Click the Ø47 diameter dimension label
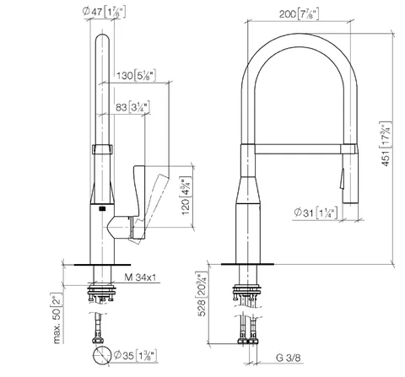(104, 12)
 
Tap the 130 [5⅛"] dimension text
(136, 75)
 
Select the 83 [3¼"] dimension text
(132, 107)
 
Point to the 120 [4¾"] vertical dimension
(186, 196)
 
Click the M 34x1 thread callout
(140, 277)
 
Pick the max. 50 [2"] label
(57, 318)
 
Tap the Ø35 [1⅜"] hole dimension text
(135, 356)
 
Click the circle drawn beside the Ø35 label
(102, 356)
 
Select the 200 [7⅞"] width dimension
(299, 13)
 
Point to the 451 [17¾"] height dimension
(386, 143)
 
